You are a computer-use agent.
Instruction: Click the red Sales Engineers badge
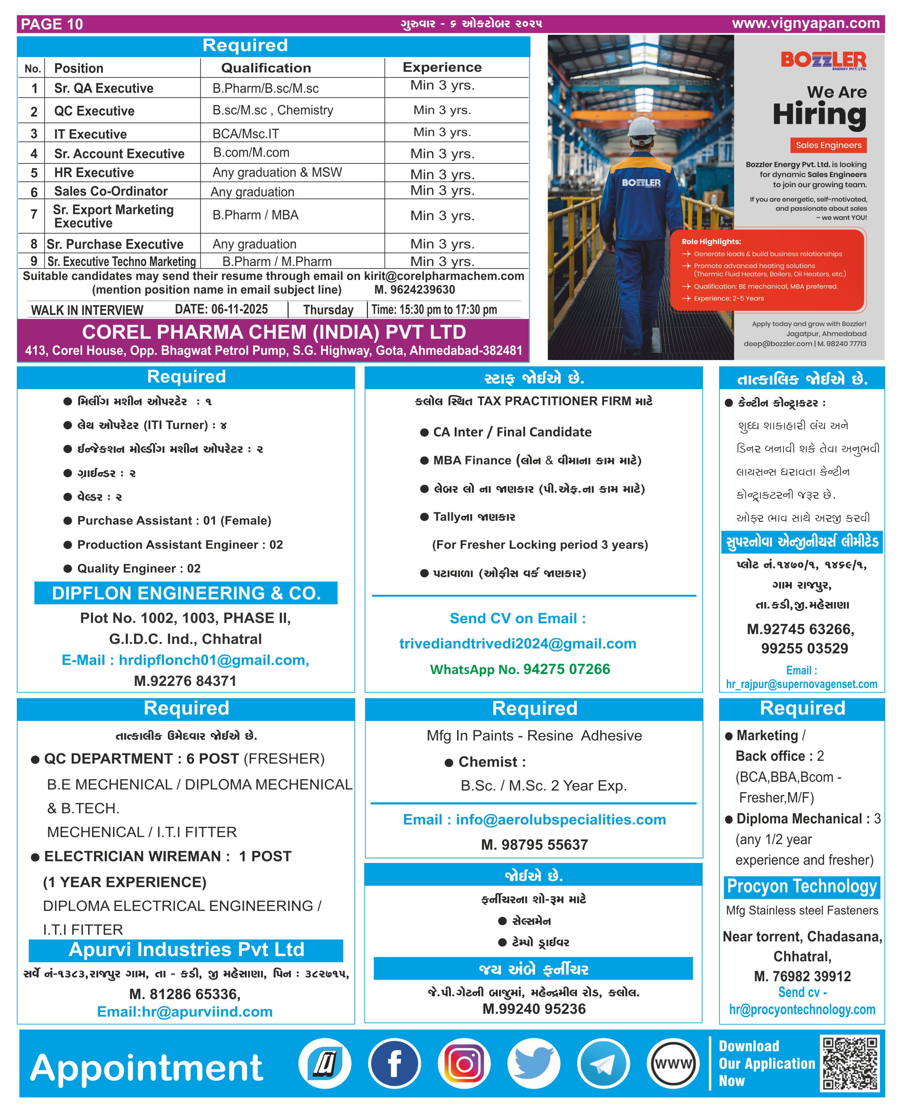(x=828, y=145)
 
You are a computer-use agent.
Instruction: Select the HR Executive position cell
(x=94, y=173)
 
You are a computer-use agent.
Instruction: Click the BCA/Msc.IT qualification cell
(x=246, y=134)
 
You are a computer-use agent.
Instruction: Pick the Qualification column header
(x=266, y=68)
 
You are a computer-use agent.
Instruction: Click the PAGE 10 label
(x=52, y=24)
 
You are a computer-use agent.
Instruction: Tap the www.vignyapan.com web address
(x=805, y=23)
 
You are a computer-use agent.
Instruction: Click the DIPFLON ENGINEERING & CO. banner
(x=186, y=593)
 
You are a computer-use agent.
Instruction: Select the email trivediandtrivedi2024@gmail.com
(x=518, y=644)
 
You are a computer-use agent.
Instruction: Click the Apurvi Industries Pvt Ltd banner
(x=186, y=950)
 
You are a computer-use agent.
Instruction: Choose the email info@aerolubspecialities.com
(x=534, y=819)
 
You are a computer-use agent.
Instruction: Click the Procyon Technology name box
(x=801, y=886)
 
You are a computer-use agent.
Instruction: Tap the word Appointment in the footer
(x=147, y=1068)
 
